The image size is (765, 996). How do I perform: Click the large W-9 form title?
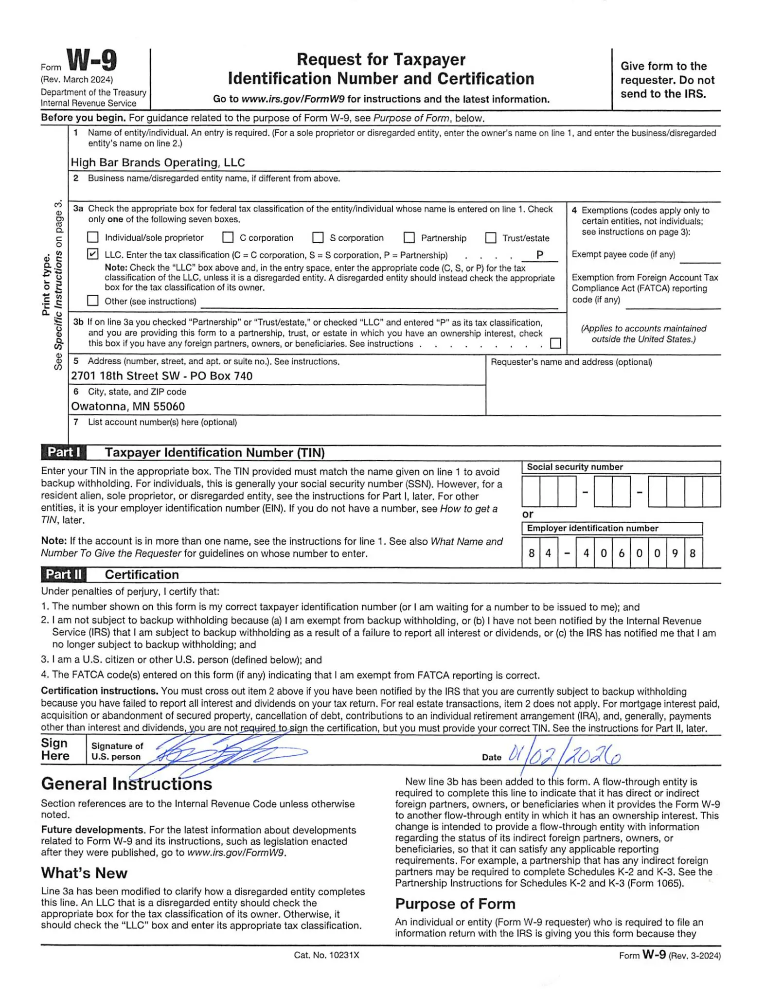point(91,61)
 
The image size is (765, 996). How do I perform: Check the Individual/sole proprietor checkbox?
point(92,238)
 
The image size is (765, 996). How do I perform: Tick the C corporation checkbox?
point(228,238)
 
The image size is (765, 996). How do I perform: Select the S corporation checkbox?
point(318,238)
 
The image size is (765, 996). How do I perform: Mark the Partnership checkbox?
point(409,238)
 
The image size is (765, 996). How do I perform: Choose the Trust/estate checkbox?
point(491,238)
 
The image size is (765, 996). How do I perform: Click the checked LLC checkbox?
point(92,254)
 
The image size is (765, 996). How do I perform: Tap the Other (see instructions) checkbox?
point(92,301)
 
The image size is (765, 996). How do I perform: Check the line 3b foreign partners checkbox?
point(555,344)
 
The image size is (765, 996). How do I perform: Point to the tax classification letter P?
point(539,255)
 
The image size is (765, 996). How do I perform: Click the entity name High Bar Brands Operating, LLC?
point(158,162)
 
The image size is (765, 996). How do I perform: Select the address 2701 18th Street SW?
point(161,376)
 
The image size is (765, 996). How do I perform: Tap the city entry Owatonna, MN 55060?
point(128,406)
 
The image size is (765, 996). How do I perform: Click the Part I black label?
point(64,453)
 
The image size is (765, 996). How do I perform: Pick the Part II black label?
point(64,575)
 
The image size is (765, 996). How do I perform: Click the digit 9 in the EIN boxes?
point(675,553)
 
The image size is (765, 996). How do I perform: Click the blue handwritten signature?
point(224,755)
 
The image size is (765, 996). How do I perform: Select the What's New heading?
point(84,873)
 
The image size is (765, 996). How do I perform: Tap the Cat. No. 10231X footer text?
point(326,955)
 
